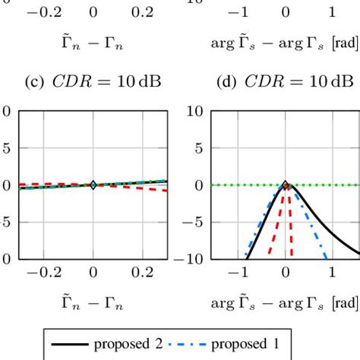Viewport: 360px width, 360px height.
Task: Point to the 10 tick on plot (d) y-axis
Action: click(194, 112)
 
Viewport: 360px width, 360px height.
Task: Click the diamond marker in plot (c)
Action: click(93, 185)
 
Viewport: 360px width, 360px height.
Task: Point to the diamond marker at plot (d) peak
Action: click(286, 185)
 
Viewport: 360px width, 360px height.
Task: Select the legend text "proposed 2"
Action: click(128, 344)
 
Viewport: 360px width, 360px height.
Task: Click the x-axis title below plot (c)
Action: click(93, 304)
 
